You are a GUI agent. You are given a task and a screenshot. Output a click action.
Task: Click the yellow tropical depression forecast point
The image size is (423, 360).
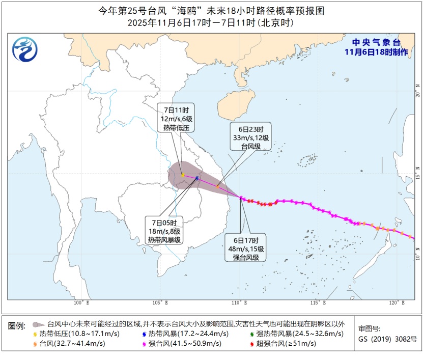click(x=183, y=175)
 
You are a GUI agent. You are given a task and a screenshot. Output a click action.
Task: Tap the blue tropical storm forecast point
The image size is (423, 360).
click(x=197, y=178)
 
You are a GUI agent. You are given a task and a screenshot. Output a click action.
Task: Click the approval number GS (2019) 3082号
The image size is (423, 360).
click(x=387, y=339)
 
